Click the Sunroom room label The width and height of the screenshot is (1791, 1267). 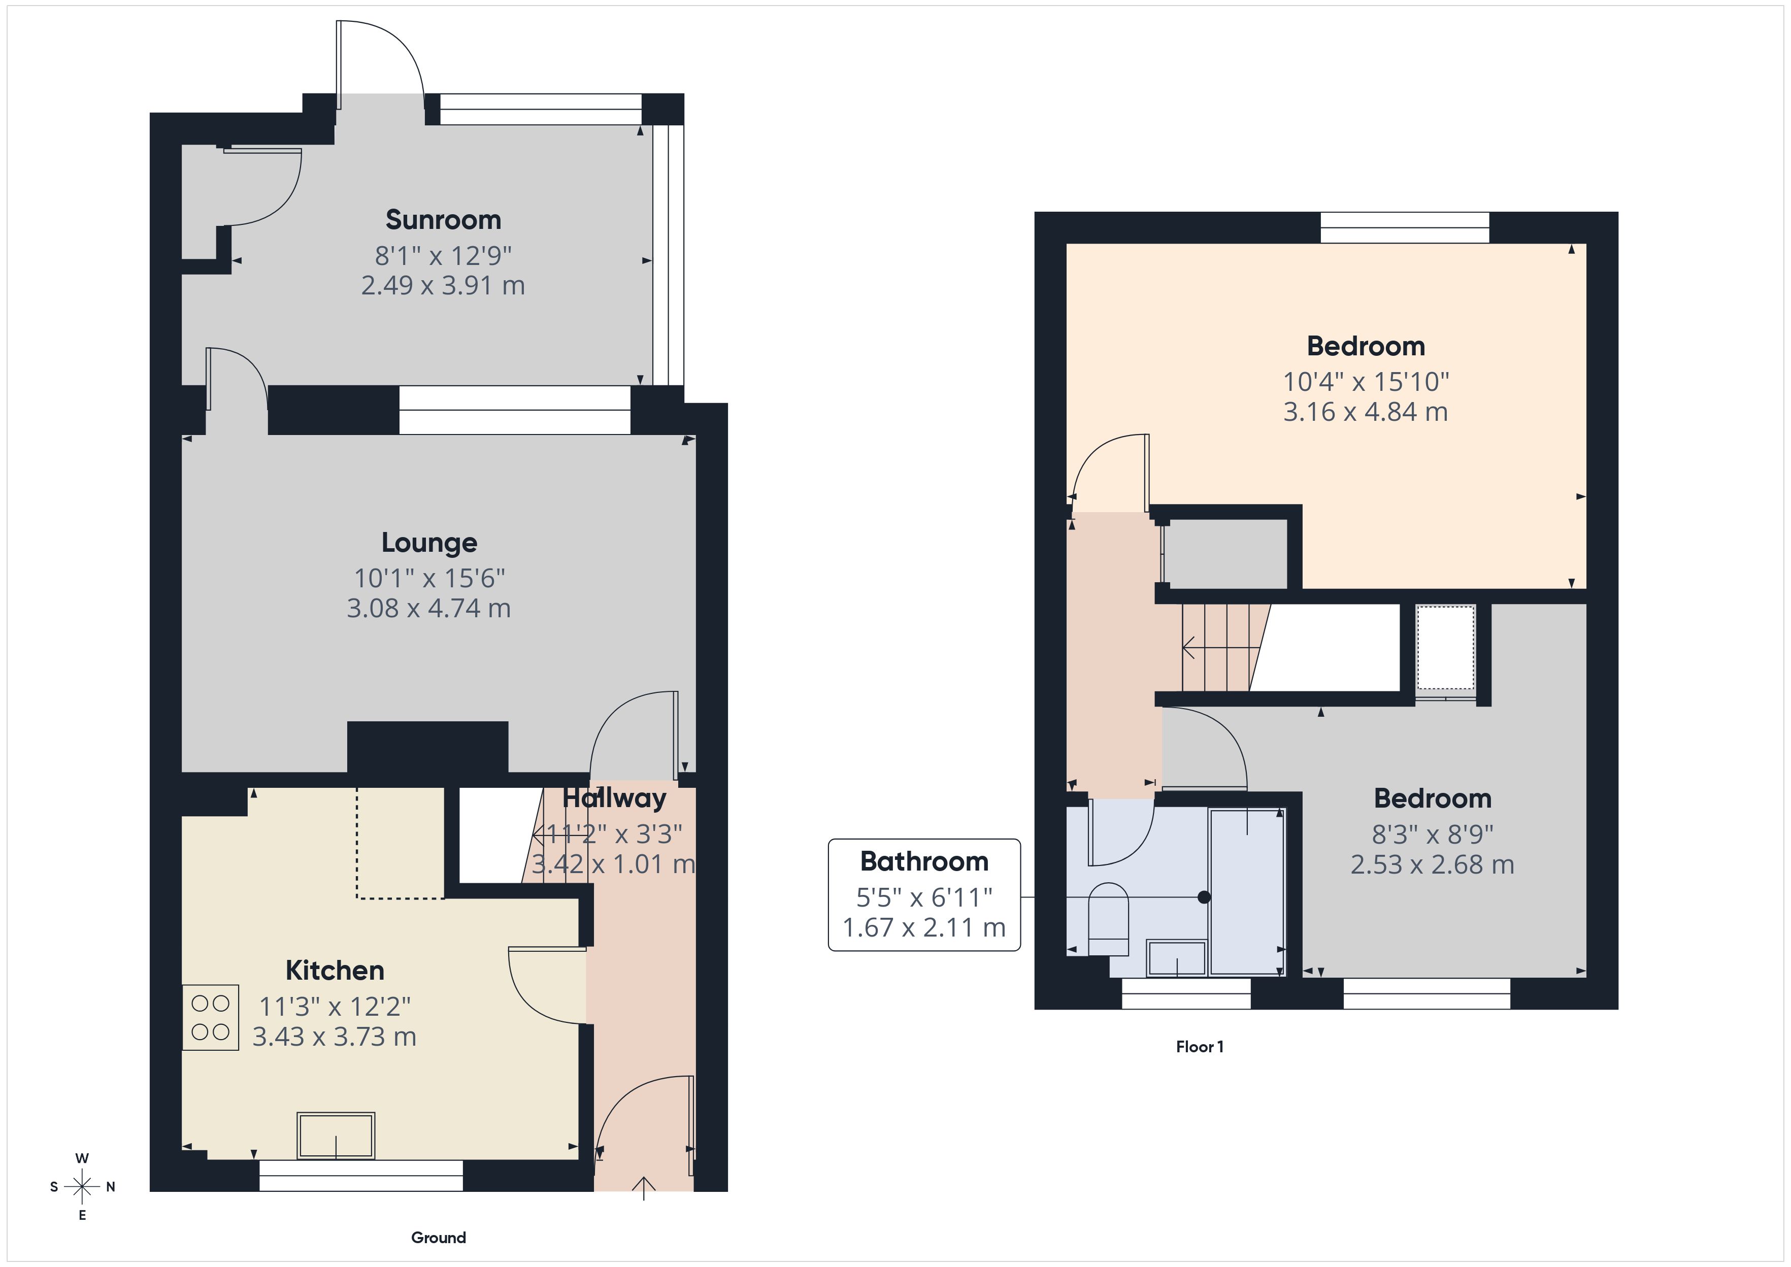point(443,220)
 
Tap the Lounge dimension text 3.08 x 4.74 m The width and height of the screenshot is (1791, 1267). point(428,608)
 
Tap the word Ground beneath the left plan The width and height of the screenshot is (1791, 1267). point(439,1238)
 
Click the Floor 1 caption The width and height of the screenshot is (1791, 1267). point(1199,1047)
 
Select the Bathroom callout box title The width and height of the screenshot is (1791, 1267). point(923,861)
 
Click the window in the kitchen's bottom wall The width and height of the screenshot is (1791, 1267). point(360,1175)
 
